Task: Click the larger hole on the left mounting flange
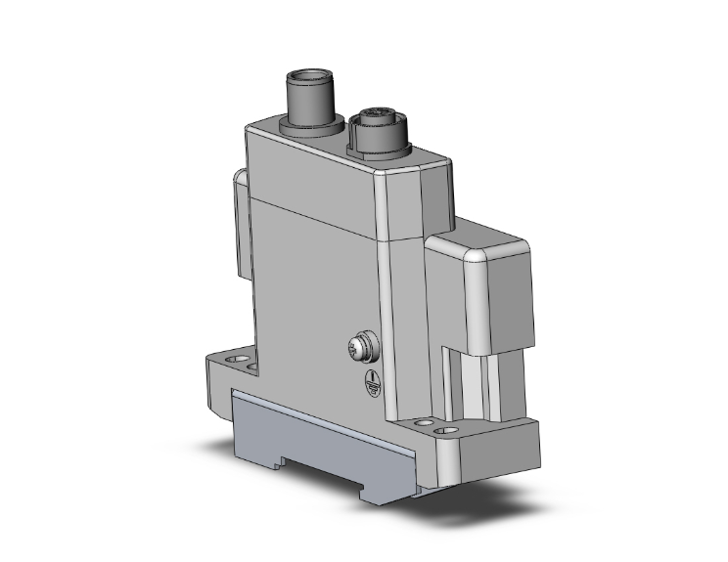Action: (x=232, y=361)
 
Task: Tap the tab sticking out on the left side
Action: (x=238, y=220)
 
